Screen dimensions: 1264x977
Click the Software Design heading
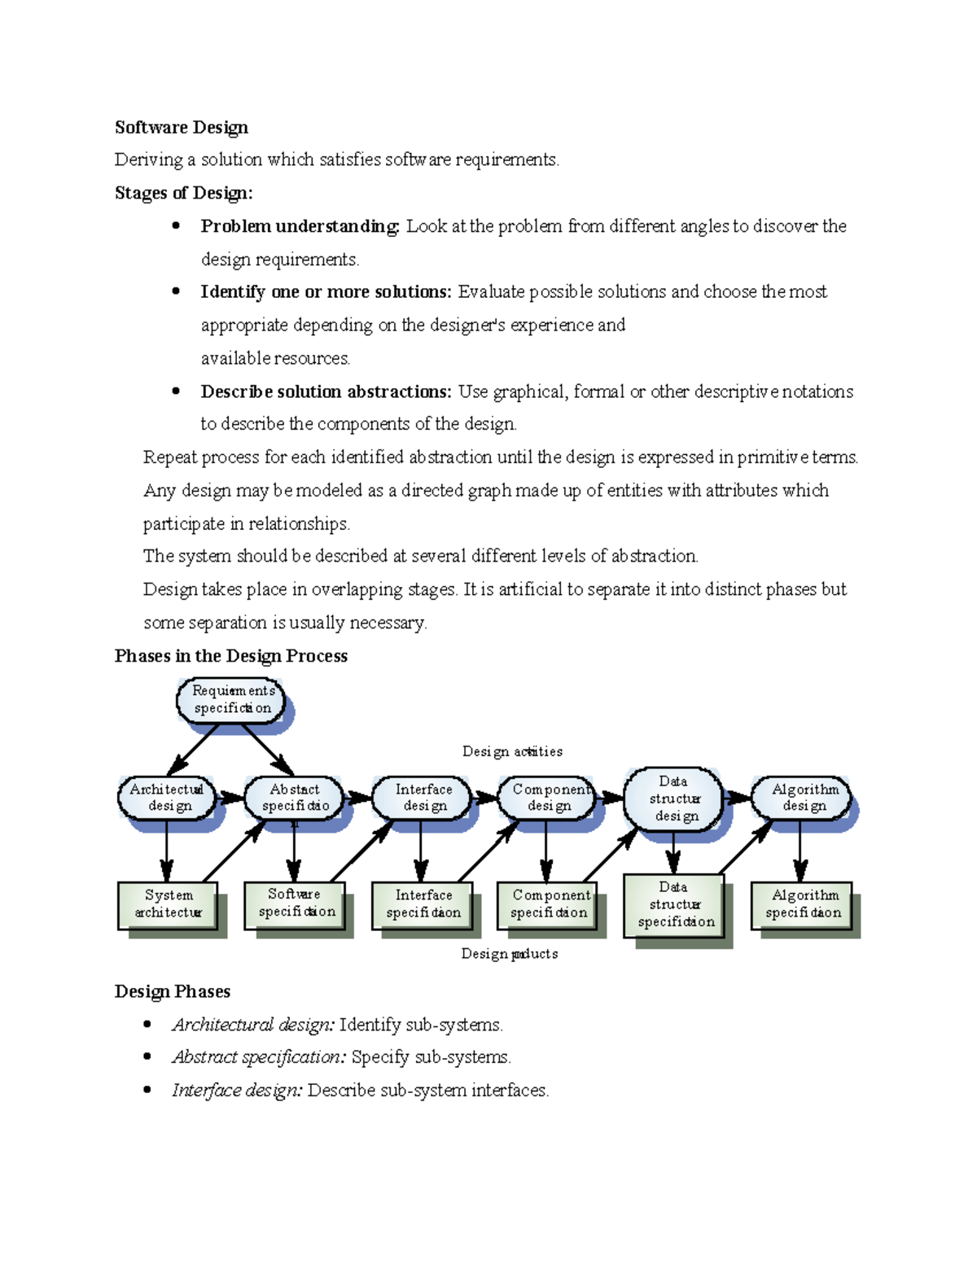tap(182, 128)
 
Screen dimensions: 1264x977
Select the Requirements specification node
tap(231, 700)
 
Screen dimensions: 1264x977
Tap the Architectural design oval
tap(168, 798)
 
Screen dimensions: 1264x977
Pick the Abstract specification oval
tap(295, 798)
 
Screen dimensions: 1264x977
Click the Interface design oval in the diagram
tap(423, 798)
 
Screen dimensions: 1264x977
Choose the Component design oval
tap(548, 798)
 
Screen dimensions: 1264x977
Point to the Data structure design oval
tap(674, 798)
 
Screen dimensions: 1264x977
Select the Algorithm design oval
tap(802, 798)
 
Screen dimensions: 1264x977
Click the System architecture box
tap(169, 904)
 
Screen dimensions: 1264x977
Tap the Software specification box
tap(295, 903)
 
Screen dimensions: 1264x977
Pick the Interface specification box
tap(422, 904)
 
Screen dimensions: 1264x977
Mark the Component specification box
tap(548, 904)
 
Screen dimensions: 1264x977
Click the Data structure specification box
tap(674, 905)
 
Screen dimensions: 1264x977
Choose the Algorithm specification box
tap(802, 904)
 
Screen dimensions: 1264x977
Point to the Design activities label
tap(512, 751)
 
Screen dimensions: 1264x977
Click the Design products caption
tap(510, 953)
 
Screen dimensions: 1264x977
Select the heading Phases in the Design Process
tap(231, 656)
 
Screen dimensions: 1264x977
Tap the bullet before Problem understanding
tap(176, 225)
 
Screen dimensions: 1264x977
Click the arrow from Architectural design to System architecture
tap(167, 851)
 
